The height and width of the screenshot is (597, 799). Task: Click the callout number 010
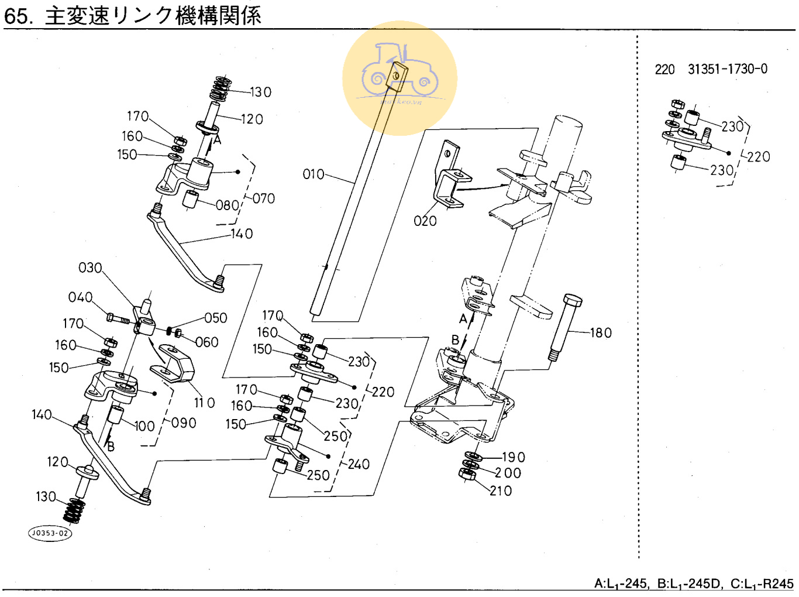point(313,174)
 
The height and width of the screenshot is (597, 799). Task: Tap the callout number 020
point(425,221)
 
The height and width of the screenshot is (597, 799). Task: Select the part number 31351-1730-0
point(727,69)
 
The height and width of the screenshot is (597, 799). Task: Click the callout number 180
point(601,333)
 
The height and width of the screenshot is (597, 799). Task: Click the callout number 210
point(501,491)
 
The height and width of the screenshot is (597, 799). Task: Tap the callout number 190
point(514,457)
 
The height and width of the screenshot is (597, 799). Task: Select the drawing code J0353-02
point(50,533)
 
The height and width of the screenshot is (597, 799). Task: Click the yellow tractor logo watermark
point(399,78)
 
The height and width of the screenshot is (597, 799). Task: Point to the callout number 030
point(90,268)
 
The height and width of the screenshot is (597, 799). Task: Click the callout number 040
point(80,297)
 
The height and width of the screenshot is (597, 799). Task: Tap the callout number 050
point(215,318)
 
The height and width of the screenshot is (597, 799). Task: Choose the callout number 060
point(206,342)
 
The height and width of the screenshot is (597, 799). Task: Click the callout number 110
point(204,403)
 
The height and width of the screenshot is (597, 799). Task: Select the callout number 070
point(263,198)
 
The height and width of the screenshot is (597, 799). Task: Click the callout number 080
point(227,205)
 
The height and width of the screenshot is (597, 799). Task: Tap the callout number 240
point(358,464)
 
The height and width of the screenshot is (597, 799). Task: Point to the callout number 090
point(183,423)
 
